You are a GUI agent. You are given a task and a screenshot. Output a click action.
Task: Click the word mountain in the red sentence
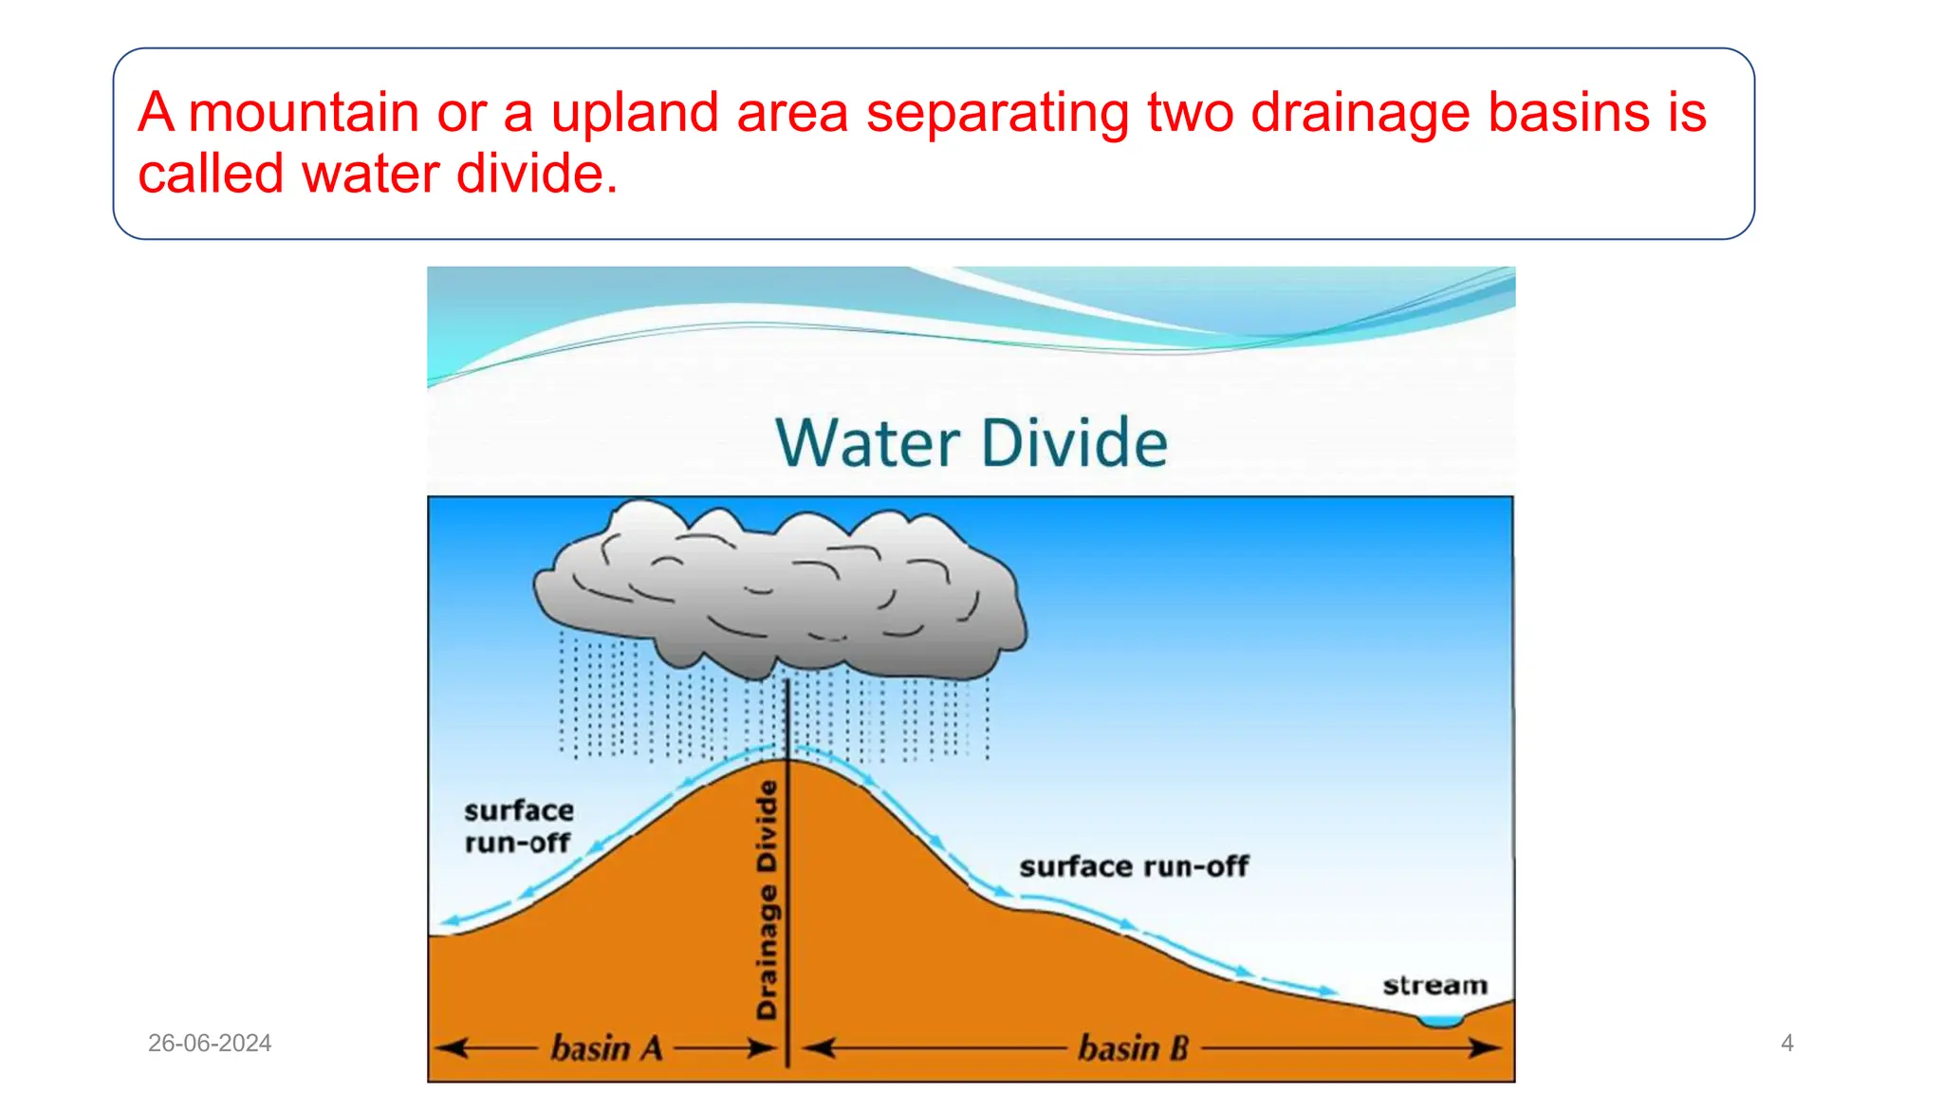pyautogui.click(x=304, y=113)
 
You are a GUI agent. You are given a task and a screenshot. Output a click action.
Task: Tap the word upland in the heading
pyautogui.click(x=635, y=113)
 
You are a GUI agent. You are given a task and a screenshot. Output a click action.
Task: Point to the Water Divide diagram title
pyautogui.click(x=971, y=443)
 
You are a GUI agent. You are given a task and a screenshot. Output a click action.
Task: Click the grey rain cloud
pyautogui.click(x=778, y=593)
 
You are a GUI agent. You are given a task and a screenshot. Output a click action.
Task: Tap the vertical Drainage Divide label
pyautogui.click(x=767, y=899)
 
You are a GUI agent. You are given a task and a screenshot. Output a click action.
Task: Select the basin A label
pyautogui.click(x=606, y=1048)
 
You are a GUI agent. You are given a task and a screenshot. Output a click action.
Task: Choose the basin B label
pyautogui.click(x=1133, y=1048)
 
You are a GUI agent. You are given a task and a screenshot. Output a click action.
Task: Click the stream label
pyautogui.click(x=1434, y=986)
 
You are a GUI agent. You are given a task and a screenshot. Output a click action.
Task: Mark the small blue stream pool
pyautogui.click(x=1440, y=1021)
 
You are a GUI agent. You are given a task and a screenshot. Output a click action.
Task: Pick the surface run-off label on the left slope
pyautogui.click(x=518, y=826)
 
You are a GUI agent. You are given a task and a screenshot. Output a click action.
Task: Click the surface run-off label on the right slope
pyautogui.click(x=1134, y=866)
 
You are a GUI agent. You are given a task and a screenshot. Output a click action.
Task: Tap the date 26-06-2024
pyautogui.click(x=210, y=1044)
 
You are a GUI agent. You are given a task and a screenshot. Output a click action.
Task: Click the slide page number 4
pyautogui.click(x=1787, y=1044)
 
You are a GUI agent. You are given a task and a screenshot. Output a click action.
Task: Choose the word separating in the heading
pyautogui.click(x=997, y=113)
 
